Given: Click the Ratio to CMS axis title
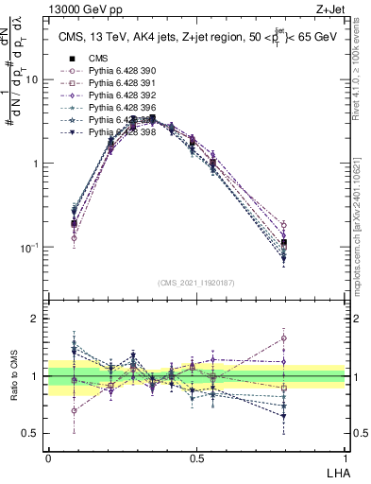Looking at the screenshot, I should coord(13,377).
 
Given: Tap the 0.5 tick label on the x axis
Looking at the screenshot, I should coord(195,457).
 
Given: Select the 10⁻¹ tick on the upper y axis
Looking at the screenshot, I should coord(30,248).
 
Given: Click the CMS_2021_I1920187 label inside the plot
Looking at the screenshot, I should coord(196,283).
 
